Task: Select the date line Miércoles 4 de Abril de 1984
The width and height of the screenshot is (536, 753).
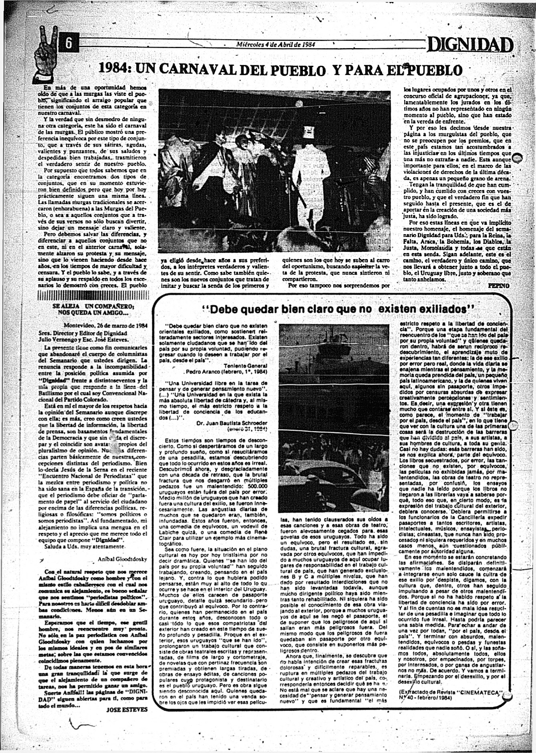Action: (x=276, y=45)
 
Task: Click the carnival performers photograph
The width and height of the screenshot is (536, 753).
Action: (x=274, y=170)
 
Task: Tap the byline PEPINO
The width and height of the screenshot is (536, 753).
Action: (x=499, y=285)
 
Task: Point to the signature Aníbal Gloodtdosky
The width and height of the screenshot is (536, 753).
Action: (x=122, y=559)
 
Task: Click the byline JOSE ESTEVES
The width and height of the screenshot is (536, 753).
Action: (x=127, y=709)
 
